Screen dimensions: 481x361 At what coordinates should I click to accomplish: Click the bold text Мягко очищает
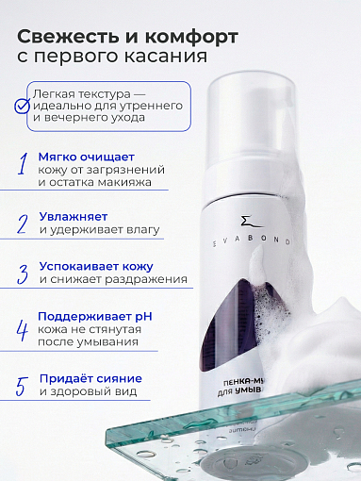pos(87,157)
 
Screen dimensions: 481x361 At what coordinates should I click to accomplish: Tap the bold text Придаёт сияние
pos(91,377)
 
